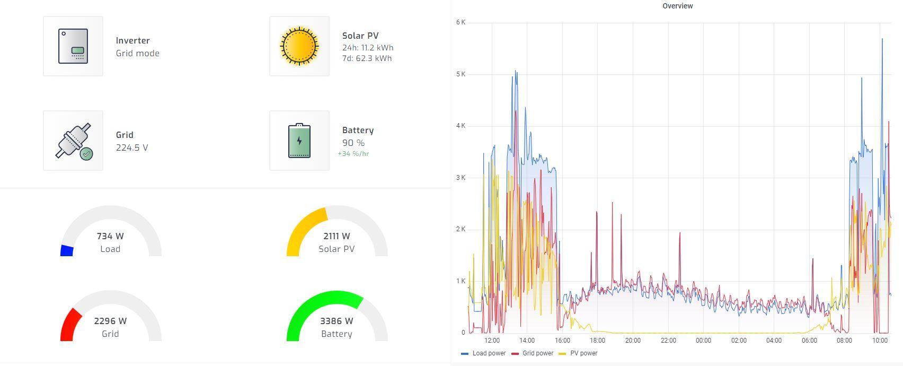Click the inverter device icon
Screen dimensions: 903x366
pos(73,46)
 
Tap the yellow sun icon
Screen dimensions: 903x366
pos(299,46)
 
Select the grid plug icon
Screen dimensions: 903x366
pos(74,141)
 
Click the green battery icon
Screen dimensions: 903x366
pos(299,141)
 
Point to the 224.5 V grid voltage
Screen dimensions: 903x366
pos(132,147)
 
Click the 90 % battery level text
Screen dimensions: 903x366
pos(353,143)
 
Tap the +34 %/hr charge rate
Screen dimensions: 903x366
pos(353,154)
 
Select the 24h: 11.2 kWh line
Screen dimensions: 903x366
pos(368,48)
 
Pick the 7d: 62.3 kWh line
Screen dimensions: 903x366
pos(367,58)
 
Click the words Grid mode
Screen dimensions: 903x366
pos(137,53)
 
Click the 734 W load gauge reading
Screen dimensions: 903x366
pos(110,236)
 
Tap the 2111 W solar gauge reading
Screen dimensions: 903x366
pos(337,236)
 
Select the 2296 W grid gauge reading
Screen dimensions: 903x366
pos(110,321)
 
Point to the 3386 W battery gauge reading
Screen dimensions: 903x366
pos(337,321)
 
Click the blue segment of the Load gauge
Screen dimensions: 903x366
pos(67,250)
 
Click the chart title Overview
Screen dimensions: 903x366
pos(678,6)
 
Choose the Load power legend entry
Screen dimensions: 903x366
pos(483,353)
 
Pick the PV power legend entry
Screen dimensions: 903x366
pos(579,353)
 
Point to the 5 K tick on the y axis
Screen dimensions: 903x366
pos(461,74)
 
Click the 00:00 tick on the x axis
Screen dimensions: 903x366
pos(703,341)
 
